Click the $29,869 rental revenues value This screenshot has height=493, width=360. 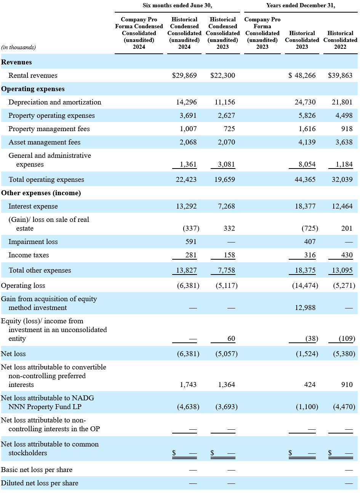(184, 75)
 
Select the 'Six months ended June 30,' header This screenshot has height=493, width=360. (177, 5)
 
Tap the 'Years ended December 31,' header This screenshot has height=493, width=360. (301, 5)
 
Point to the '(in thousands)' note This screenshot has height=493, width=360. (18, 47)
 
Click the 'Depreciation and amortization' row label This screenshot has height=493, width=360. (55, 102)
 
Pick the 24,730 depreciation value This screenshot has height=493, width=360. (305, 102)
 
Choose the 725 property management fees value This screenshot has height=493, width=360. (229, 129)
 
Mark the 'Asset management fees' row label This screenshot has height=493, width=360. (45, 142)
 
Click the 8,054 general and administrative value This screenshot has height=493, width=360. (307, 164)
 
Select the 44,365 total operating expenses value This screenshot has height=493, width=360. (305, 179)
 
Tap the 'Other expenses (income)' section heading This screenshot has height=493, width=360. (41, 193)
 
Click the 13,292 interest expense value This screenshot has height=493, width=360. (186, 206)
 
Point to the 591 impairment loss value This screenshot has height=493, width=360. (191, 242)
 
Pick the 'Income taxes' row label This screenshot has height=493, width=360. (29, 255)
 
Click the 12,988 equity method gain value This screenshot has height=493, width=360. (305, 307)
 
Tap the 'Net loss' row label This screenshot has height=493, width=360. (13, 354)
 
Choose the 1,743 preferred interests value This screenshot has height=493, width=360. (188, 384)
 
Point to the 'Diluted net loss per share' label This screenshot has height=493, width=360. (40, 483)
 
